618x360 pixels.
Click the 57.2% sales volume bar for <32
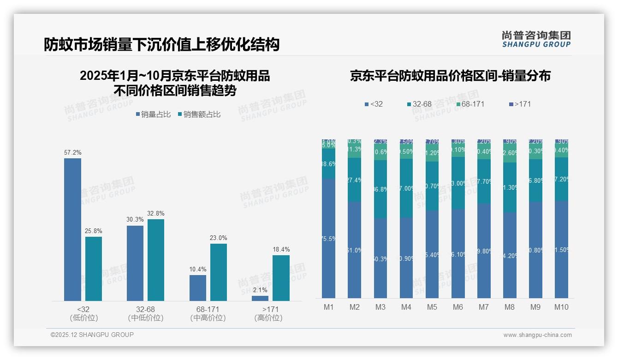72,229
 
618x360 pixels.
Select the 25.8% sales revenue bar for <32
94,269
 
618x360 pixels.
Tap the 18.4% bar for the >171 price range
281,278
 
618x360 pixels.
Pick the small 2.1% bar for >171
260,298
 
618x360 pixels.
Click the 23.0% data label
218,238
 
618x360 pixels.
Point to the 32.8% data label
155,214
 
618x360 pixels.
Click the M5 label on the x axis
432,307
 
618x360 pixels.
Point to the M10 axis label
561,307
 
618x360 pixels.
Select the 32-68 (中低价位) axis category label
146,313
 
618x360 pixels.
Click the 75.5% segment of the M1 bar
328,238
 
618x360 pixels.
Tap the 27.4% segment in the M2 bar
354,180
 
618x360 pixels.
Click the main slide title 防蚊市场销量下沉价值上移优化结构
161,44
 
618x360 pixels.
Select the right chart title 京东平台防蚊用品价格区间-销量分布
450,76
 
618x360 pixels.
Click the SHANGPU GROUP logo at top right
536,39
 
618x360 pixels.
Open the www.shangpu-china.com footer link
537,335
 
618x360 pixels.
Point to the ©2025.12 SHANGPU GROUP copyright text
92,335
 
